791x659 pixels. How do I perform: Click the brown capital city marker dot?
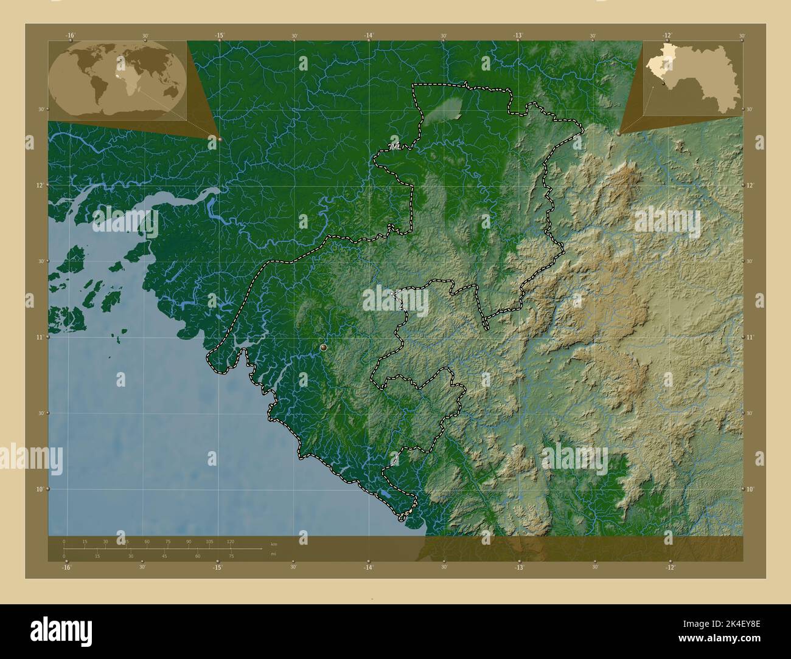click(323, 347)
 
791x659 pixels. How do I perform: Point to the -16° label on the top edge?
click(71, 36)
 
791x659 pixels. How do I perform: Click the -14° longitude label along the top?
click(369, 36)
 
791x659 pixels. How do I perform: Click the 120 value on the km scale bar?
click(230, 541)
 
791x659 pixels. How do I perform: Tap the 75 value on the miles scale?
click(231, 556)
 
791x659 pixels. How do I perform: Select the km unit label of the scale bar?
click(273, 544)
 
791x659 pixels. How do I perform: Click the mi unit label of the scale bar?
click(273, 553)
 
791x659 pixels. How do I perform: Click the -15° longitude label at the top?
click(219, 36)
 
